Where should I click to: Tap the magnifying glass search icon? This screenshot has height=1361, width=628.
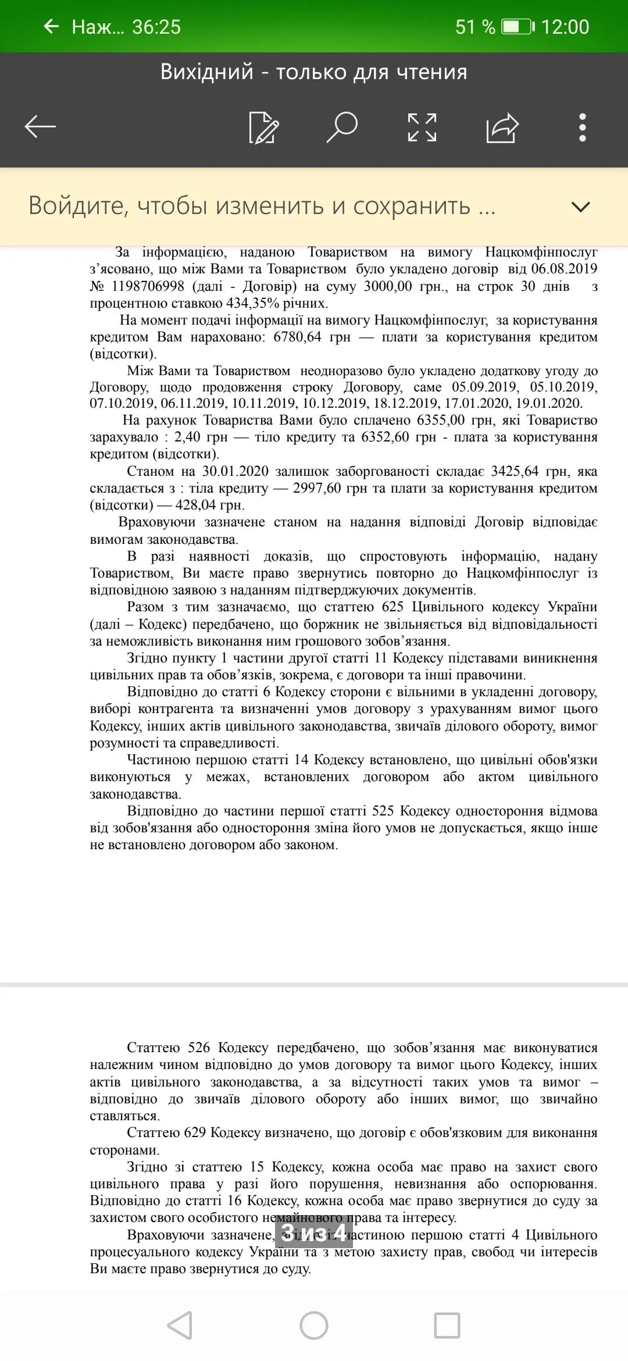click(342, 127)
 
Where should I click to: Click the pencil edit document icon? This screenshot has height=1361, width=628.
click(263, 127)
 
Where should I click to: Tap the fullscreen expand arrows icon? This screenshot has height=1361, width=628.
click(422, 127)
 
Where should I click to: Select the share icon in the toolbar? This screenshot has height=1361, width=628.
click(502, 127)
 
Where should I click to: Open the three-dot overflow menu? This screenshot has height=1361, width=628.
click(583, 127)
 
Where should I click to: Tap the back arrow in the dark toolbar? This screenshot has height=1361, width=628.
click(40, 127)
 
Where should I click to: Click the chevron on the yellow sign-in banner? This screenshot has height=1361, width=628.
click(581, 206)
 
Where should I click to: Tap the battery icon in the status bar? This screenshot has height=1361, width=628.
click(518, 27)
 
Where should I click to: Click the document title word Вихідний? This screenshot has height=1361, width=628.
click(207, 72)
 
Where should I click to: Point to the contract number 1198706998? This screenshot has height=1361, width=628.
click(148, 286)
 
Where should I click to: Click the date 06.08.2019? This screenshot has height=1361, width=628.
click(564, 269)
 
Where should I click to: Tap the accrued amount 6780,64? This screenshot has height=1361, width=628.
click(297, 337)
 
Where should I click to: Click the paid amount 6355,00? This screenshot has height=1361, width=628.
click(441, 420)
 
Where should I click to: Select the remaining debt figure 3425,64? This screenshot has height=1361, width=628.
click(515, 471)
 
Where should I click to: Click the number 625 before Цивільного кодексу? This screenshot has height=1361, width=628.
click(392, 607)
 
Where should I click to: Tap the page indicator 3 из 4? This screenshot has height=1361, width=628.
click(314, 1232)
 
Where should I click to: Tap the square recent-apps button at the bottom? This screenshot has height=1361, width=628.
click(447, 1326)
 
